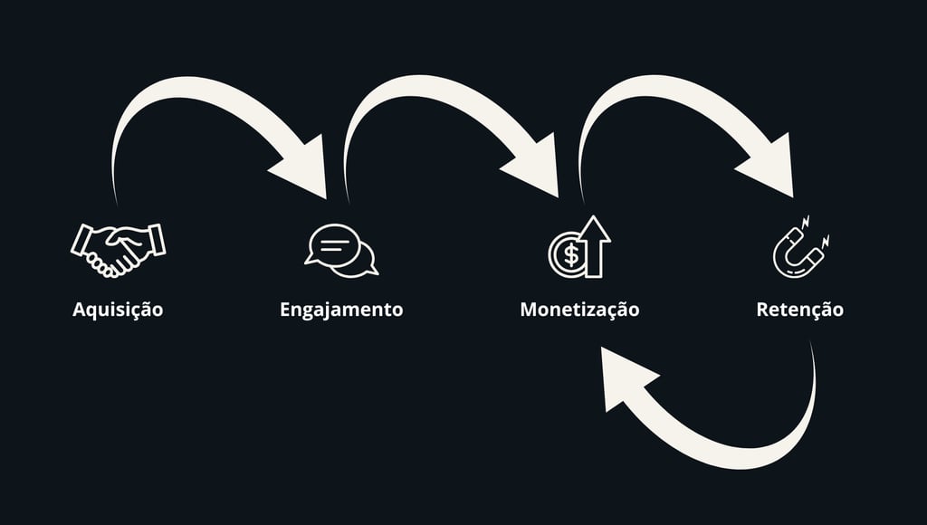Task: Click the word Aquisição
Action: pyautogui.click(x=118, y=310)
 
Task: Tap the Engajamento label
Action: pyautogui.click(x=341, y=310)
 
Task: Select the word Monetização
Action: pyautogui.click(x=579, y=310)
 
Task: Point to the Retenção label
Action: pyautogui.click(x=799, y=310)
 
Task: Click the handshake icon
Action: pyautogui.click(x=118, y=249)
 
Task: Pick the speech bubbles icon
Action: pyautogui.click(x=341, y=249)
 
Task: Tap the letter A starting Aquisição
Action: pyautogui.click(x=79, y=310)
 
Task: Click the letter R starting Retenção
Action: pyautogui.click(x=762, y=310)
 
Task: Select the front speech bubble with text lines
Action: pyautogui.click(x=332, y=243)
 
